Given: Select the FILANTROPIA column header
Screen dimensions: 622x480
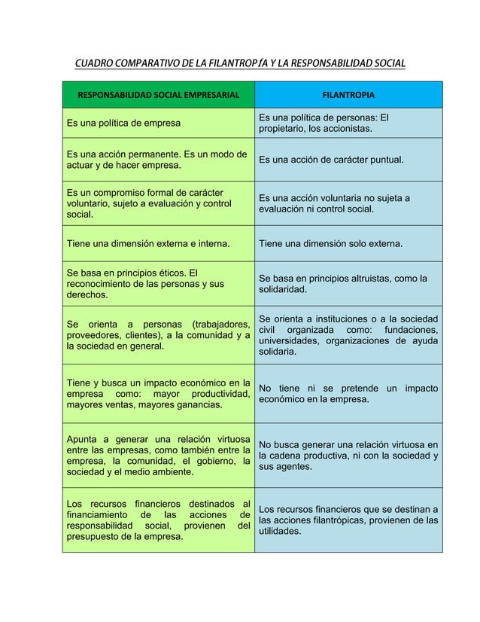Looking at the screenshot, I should pyautogui.click(x=348, y=96).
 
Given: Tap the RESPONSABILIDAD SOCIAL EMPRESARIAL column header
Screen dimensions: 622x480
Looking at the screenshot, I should pyautogui.click(x=159, y=96).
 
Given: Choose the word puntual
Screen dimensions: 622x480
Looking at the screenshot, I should pyautogui.click(x=383, y=160).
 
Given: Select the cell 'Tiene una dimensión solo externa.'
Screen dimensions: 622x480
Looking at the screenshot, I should pyautogui.click(x=330, y=244).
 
